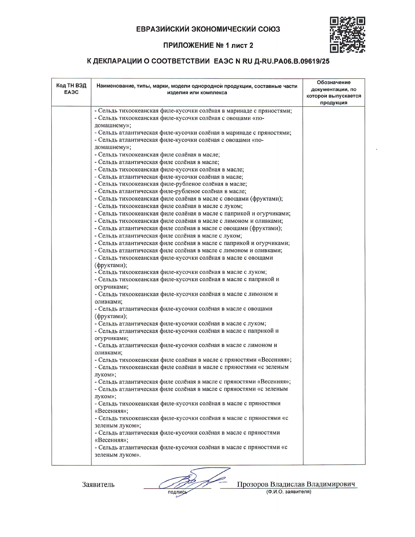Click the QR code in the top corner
tap(347, 35)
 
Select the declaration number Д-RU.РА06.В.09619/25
tap(290, 61)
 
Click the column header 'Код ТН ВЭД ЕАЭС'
tap(71, 89)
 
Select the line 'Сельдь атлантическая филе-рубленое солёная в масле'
tap(172, 191)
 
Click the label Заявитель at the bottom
tap(98, 485)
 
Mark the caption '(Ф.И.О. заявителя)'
tap(288, 492)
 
